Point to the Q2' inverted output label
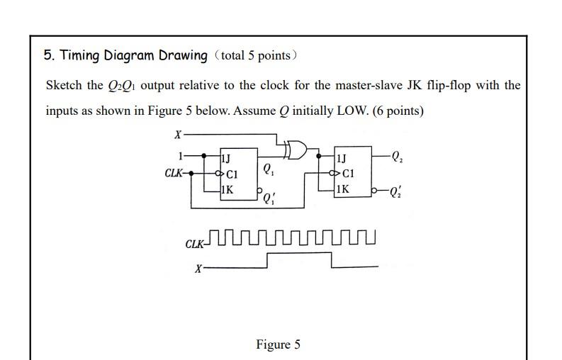pyautogui.click(x=398, y=191)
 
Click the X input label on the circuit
pyautogui.click(x=177, y=134)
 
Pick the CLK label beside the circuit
pyautogui.click(x=174, y=173)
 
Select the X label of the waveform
pyautogui.click(x=198, y=269)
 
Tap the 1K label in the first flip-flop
pyautogui.click(x=228, y=189)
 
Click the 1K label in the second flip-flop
pyautogui.click(x=342, y=189)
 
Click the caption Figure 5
pyautogui.click(x=278, y=344)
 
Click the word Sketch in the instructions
pyautogui.click(x=64, y=86)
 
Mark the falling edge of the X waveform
pyautogui.click(x=331, y=260)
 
